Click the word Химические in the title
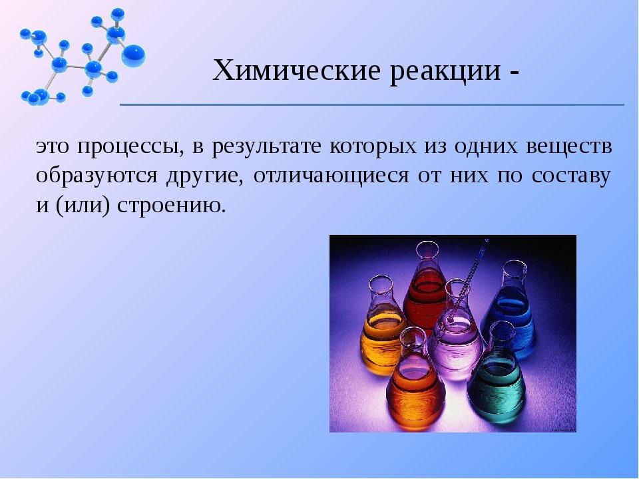point(297,70)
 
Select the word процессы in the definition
point(129,147)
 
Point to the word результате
point(266,147)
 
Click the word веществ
point(569,146)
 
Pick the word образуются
point(97,176)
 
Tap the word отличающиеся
point(331,176)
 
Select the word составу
point(571,176)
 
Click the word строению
point(171,206)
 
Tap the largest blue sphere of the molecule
point(133,56)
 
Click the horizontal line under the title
point(371,104)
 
